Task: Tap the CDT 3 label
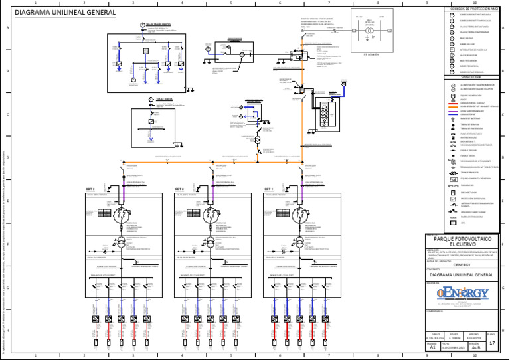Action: (x=90, y=189)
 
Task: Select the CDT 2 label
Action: (x=179, y=189)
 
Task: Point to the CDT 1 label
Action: (x=268, y=189)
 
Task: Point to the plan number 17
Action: (x=492, y=343)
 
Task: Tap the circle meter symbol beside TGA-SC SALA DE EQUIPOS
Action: (x=142, y=26)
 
